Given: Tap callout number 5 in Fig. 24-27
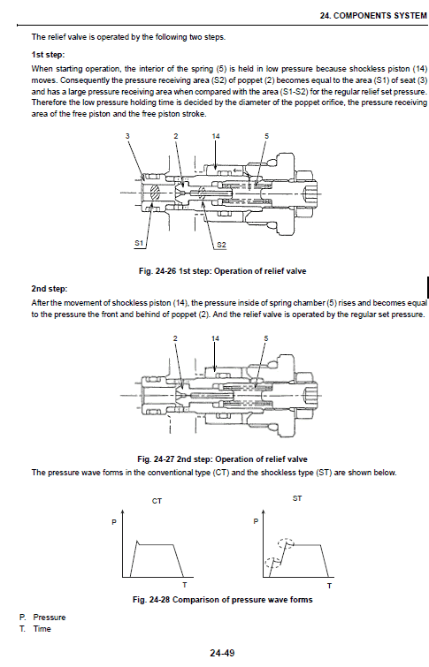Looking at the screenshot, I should [x=266, y=338].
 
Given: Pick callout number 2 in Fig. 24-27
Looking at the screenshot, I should [x=176, y=338].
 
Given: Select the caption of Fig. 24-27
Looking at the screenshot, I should [x=222, y=459].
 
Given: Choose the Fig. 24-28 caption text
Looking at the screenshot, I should [x=222, y=600].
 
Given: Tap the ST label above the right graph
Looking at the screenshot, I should [x=296, y=500].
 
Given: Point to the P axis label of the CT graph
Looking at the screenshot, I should [x=113, y=523].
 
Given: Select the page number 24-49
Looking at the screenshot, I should [x=222, y=653].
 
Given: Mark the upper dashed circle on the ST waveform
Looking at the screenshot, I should [x=283, y=544].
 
